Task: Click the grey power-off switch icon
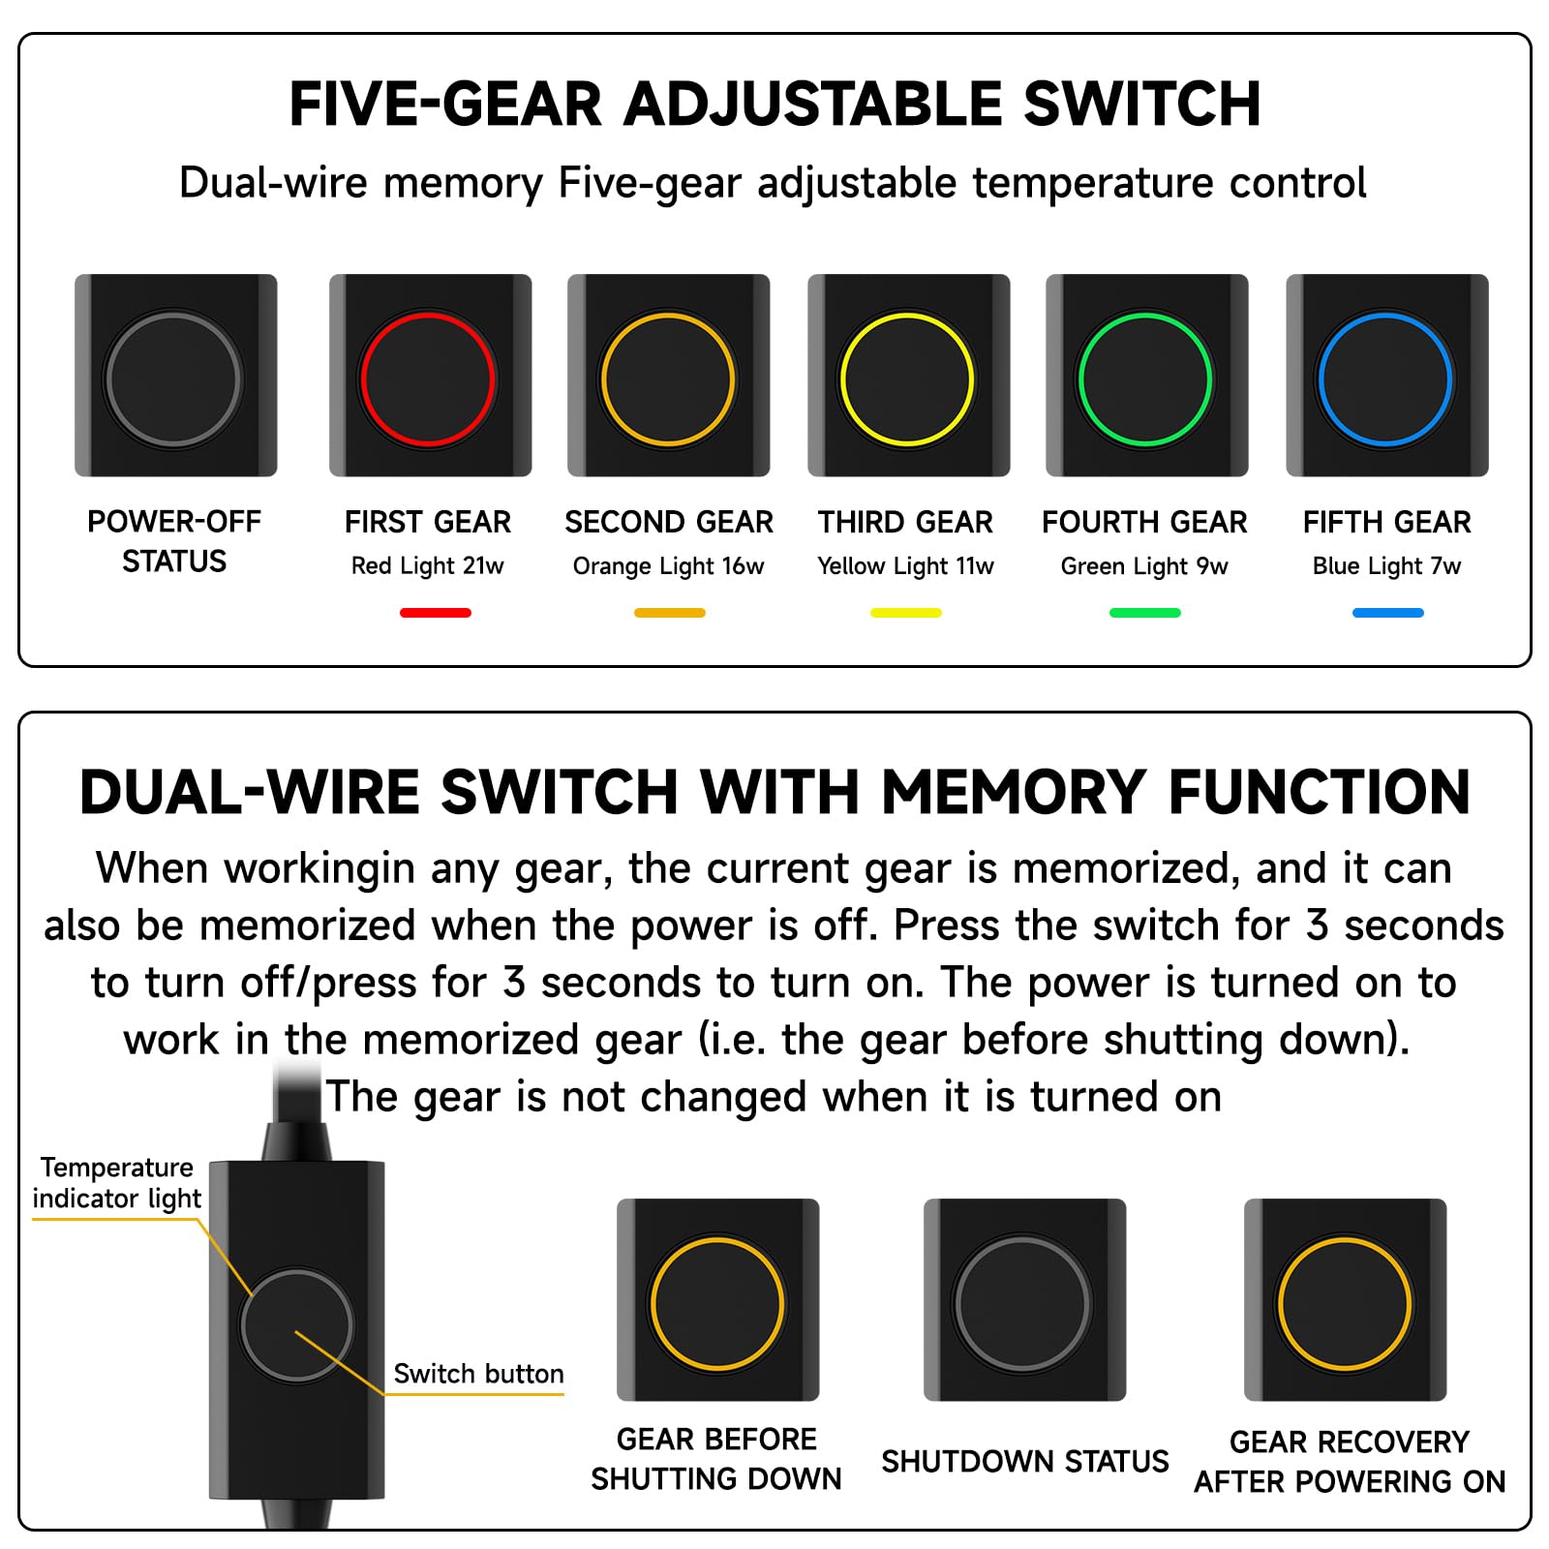[175, 376]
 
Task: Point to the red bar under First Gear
[436, 613]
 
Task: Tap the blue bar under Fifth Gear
[1388, 613]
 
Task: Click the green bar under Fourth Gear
[1145, 613]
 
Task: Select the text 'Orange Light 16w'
[669, 566]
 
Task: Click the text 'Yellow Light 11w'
[905, 566]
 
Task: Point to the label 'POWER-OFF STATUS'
[174, 541]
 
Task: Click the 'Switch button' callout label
[478, 1374]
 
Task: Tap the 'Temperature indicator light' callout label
[117, 1183]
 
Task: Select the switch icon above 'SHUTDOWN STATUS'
[1025, 1300]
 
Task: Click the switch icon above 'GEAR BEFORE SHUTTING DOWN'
[718, 1300]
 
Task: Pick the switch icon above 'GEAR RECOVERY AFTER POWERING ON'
[1346, 1300]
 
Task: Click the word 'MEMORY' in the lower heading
[1014, 793]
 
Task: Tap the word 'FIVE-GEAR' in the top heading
[445, 104]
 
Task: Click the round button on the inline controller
[297, 1324]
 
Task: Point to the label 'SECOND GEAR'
[669, 523]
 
